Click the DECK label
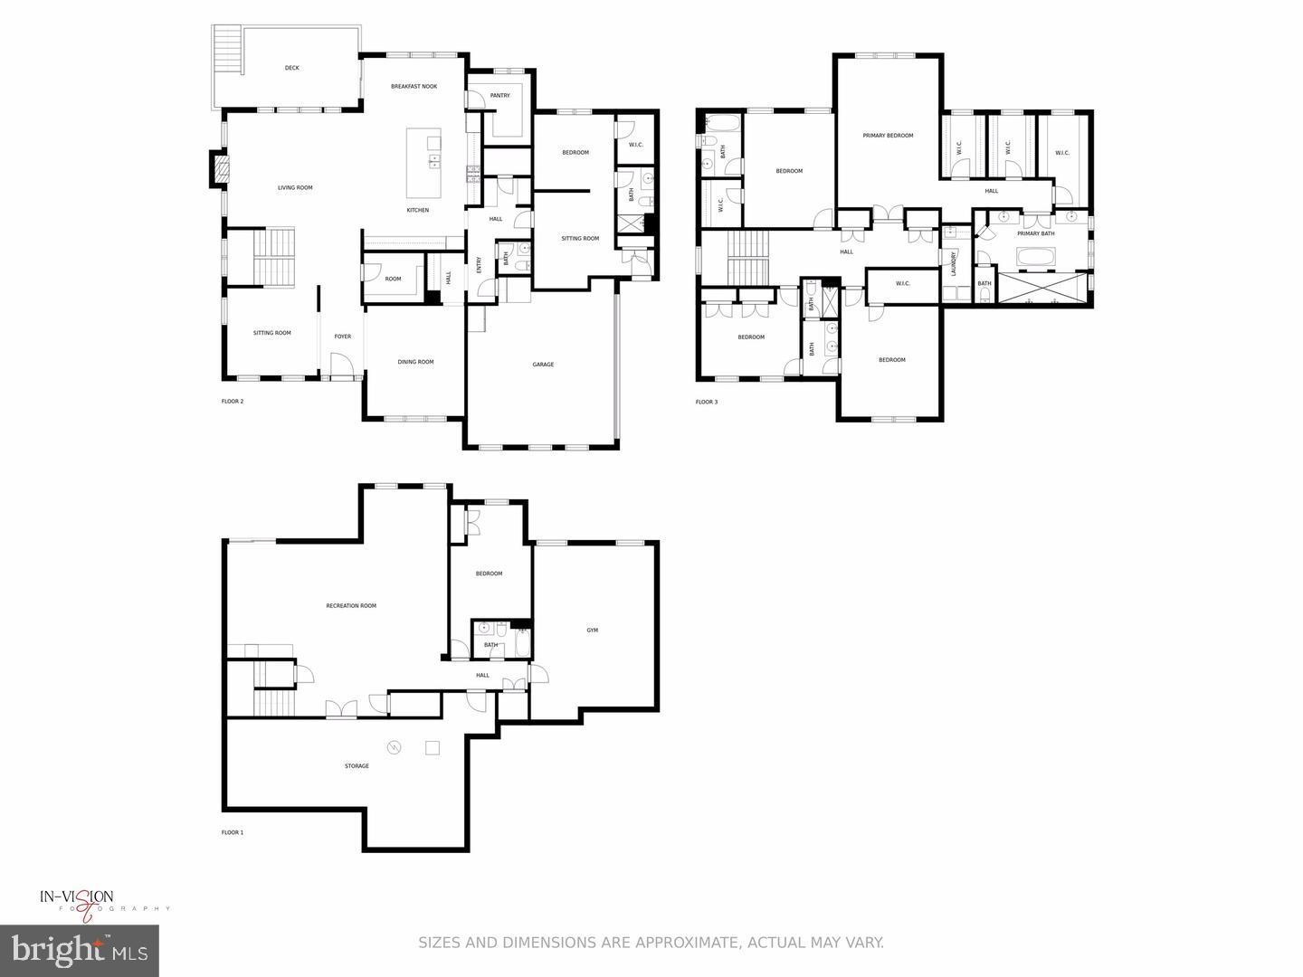click(x=291, y=68)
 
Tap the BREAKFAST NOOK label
click(x=414, y=87)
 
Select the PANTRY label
click(x=499, y=96)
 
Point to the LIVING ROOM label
click(x=295, y=188)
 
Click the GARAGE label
click(x=543, y=365)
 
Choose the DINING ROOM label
click(x=415, y=362)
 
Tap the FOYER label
click(x=342, y=337)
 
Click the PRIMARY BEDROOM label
click(x=888, y=136)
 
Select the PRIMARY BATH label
click(x=1035, y=234)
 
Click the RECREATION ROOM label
click(x=351, y=606)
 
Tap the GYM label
click(x=592, y=631)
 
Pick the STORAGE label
click(x=357, y=766)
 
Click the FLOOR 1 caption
click(x=233, y=832)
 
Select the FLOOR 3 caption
click(x=707, y=402)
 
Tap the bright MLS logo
click(x=80, y=950)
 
